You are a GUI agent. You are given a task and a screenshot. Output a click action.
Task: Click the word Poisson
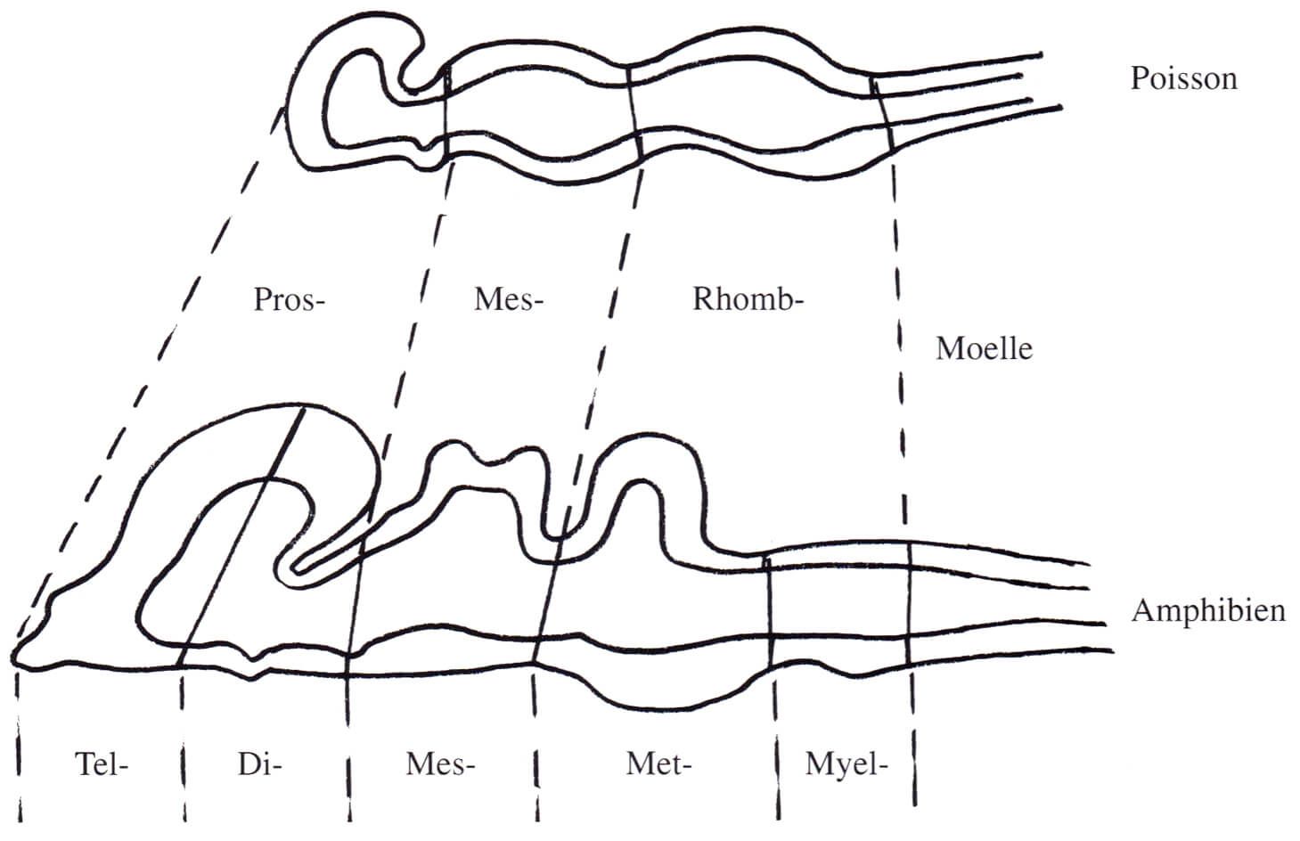point(1184,78)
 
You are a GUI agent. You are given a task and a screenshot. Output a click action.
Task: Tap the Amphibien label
point(1208,611)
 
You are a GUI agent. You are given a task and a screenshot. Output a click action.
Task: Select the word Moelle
point(985,349)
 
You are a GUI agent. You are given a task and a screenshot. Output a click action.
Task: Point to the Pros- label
point(290,300)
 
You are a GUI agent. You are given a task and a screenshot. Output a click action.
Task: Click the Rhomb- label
point(748,300)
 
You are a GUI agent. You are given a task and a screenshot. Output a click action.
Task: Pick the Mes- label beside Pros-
point(509,300)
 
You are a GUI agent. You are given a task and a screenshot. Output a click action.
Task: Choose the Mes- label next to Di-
point(440,764)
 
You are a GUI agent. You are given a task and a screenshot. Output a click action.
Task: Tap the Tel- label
point(102,764)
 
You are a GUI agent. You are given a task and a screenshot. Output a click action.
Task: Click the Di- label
point(259,764)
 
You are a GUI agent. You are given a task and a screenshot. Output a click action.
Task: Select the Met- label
point(658,764)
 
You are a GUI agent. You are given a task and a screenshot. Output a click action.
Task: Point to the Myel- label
point(846,764)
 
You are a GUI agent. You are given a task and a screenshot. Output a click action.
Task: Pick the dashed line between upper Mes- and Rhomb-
point(607,331)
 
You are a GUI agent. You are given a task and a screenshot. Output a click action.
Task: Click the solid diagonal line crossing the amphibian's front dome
point(241,537)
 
